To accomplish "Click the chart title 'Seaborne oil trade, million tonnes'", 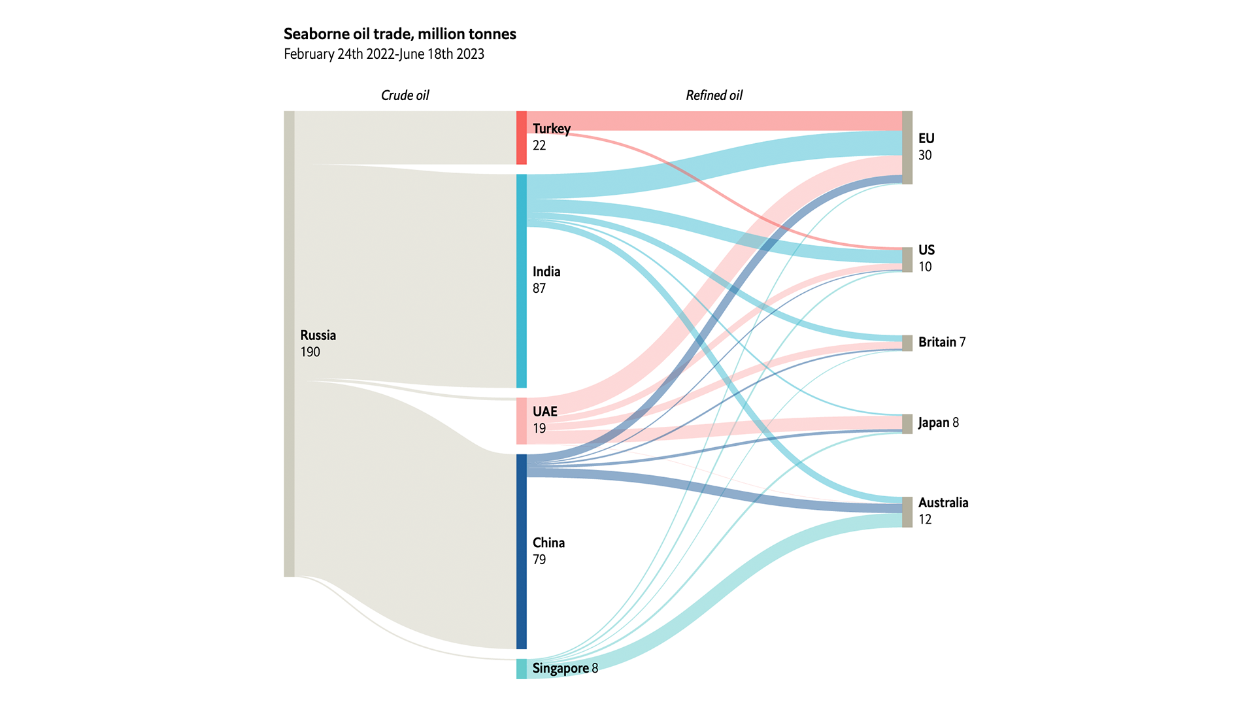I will tap(399, 34).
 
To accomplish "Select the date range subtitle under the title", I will tap(384, 54).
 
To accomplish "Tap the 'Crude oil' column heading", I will tap(405, 95).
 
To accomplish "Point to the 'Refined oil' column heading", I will tap(714, 95).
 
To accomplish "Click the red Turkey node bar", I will tap(521, 138).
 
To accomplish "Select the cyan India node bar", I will tap(521, 281).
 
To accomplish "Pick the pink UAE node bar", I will tap(521, 421).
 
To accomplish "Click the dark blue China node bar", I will tap(521, 551).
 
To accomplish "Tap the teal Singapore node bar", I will tap(521, 669).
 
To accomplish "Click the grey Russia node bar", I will tap(289, 344).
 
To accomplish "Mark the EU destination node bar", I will tap(907, 148).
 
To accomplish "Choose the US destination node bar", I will tap(907, 260).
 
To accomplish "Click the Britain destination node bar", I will tap(907, 343).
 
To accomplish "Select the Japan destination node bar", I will tap(907, 424).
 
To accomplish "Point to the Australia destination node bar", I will tap(907, 512).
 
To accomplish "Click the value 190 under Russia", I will tap(310, 352).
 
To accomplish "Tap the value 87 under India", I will tap(539, 289).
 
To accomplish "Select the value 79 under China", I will tap(539, 560).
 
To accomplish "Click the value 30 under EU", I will tap(924, 156).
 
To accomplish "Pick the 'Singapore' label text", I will tap(560, 668).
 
